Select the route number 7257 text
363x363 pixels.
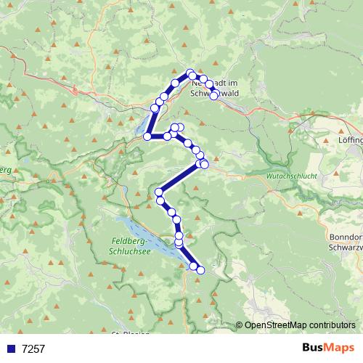[33, 348]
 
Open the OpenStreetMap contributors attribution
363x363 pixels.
[300, 325]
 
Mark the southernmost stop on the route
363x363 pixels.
[200, 271]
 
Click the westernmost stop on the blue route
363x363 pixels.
[147, 136]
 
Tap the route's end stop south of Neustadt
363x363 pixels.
[214, 96]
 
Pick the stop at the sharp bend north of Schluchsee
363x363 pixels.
[159, 192]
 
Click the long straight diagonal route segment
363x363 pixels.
[179, 178]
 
